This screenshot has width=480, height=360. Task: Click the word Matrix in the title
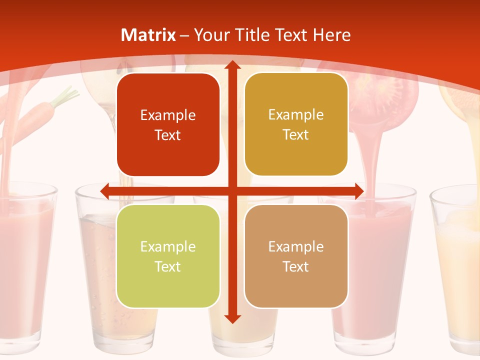pyautogui.click(x=148, y=35)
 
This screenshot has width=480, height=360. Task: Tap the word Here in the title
pyautogui.click(x=331, y=35)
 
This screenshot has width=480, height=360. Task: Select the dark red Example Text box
pyautogui.click(x=168, y=124)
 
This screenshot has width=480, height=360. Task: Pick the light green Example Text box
pyautogui.click(x=168, y=256)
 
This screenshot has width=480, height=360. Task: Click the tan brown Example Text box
pyautogui.click(x=296, y=256)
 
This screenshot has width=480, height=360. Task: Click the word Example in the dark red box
pyautogui.click(x=168, y=115)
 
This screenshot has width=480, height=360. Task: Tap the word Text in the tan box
pyautogui.click(x=296, y=266)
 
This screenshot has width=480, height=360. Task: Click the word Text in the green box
pyautogui.click(x=168, y=266)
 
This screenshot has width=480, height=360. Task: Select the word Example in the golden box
pyautogui.click(x=296, y=115)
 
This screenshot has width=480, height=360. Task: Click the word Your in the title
pyautogui.click(x=210, y=35)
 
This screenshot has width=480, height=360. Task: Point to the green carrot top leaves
pyautogui.click(x=65, y=94)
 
